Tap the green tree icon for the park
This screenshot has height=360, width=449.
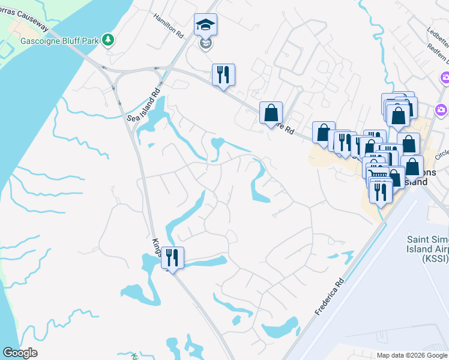click(x=108, y=40)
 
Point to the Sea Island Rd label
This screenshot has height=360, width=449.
click(x=143, y=105)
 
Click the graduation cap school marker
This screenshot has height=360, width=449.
click(x=205, y=25)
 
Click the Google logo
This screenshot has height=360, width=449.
click(x=20, y=353)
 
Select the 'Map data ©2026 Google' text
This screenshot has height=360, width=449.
click(x=412, y=355)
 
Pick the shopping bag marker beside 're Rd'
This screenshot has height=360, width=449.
click(x=271, y=112)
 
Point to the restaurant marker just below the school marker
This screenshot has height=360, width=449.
click(x=223, y=75)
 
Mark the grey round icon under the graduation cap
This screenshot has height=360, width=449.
click(x=205, y=44)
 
